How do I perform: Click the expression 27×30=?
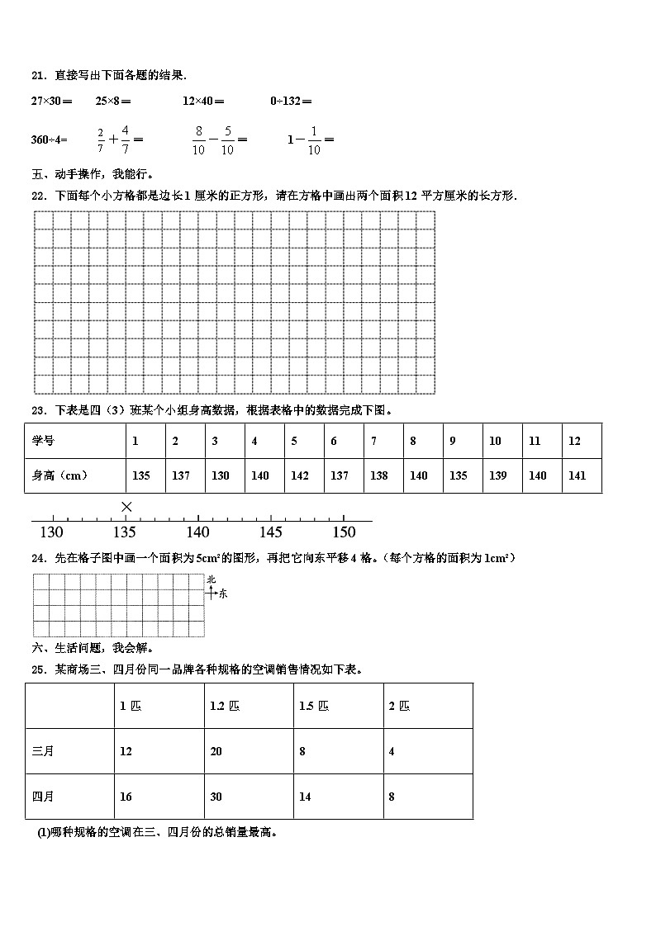(x=51, y=102)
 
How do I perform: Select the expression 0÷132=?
(x=291, y=102)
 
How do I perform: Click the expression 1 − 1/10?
(x=310, y=139)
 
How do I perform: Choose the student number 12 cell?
(x=574, y=441)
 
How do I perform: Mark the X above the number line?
(x=126, y=506)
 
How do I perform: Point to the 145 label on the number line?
(x=271, y=532)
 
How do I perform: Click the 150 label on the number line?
(x=344, y=532)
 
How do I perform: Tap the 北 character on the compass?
(x=212, y=579)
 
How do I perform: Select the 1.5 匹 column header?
(x=313, y=706)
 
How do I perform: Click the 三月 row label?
(x=43, y=751)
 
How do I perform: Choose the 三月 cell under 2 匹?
(x=392, y=751)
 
